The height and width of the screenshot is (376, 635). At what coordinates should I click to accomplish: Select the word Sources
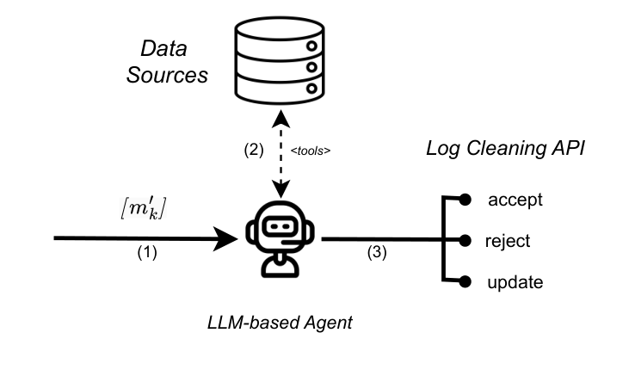pyautogui.click(x=168, y=75)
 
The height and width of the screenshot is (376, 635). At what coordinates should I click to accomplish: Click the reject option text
pyautogui.click(x=509, y=241)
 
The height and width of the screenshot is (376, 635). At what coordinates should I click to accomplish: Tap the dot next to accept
pyautogui.click(x=465, y=200)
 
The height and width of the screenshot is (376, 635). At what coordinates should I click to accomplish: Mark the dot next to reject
pyautogui.click(x=465, y=241)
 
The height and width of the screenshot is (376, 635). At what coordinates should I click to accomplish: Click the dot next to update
pyautogui.click(x=465, y=281)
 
